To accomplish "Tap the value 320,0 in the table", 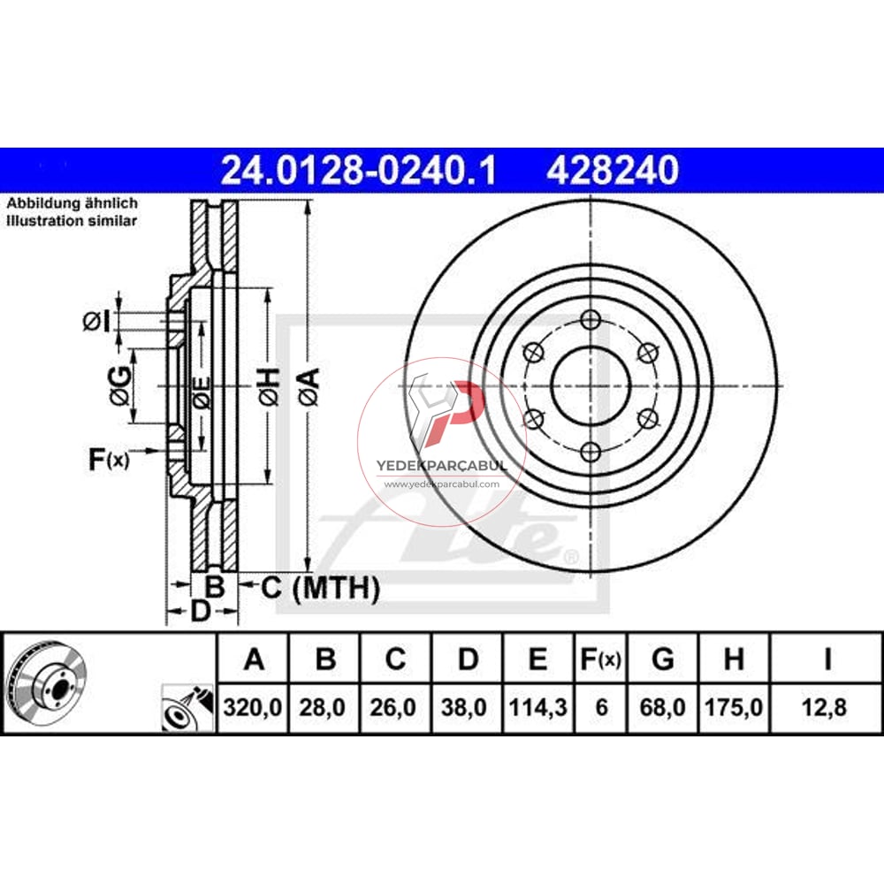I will click(x=254, y=706).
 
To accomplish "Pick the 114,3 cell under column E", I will click(x=537, y=706).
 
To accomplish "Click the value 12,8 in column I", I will click(x=827, y=706).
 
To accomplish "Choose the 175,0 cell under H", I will click(x=733, y=706).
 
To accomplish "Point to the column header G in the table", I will click(x=662, y=659).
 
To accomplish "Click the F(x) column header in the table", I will click(x=600, y=659).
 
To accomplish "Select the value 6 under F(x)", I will click(x=600, y=706).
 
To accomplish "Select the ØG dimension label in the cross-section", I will click(x=121, y=386).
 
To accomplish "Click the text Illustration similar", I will click(x=72, y=221).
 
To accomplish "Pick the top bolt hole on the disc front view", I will click(x=591, y=319).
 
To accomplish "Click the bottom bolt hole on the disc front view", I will click(x=591, y=453).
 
